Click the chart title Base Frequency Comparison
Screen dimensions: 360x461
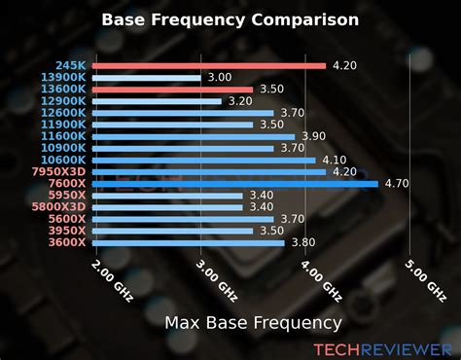pyautogui.click(x=230, y=18)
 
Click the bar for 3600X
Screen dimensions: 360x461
pyautogui.click(x=191, y=242)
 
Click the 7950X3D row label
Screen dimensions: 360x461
pyautogui.click(x=60, y=171)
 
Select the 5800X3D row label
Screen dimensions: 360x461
pyautogui.click(x=60, y=206)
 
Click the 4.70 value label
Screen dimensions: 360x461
pyautogui.click(x=397, y=183)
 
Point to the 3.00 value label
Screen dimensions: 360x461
pyautogui.click(x=220, y=77)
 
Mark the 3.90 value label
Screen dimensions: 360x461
pyautogui.click(x=313, y=136)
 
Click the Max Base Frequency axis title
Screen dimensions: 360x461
pyautogui.click(x=253, y=322)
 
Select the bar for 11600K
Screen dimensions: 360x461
pyautogui.click(x=195, y=136)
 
